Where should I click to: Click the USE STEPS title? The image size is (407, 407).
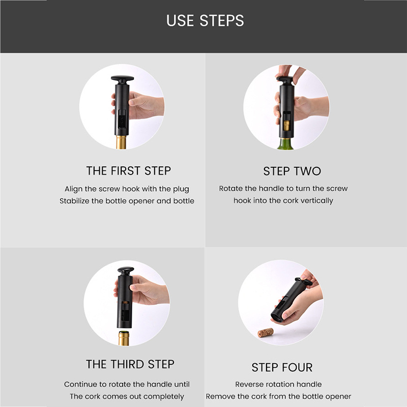[205, 20]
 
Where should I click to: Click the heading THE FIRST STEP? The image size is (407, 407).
[129, 171]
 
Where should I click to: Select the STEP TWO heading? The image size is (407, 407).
[292, 171]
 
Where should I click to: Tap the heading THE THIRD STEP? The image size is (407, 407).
[130, 364]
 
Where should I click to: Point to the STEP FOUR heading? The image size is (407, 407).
[282, 367]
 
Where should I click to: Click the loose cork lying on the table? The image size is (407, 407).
[266, 332]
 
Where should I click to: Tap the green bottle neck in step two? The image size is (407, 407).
[285, 144]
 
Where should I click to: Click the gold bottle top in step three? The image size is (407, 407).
[124, 338]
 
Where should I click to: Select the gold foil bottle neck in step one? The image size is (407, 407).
[121, 142]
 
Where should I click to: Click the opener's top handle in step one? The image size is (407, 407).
[122, 79]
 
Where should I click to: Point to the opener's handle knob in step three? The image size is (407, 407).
[126, 271]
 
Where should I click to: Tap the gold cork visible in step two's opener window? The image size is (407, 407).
[286, 125]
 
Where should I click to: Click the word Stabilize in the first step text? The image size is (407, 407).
[74, 201]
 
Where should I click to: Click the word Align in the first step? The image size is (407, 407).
[73, 189]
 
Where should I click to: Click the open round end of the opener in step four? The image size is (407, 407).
[277, 316]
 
